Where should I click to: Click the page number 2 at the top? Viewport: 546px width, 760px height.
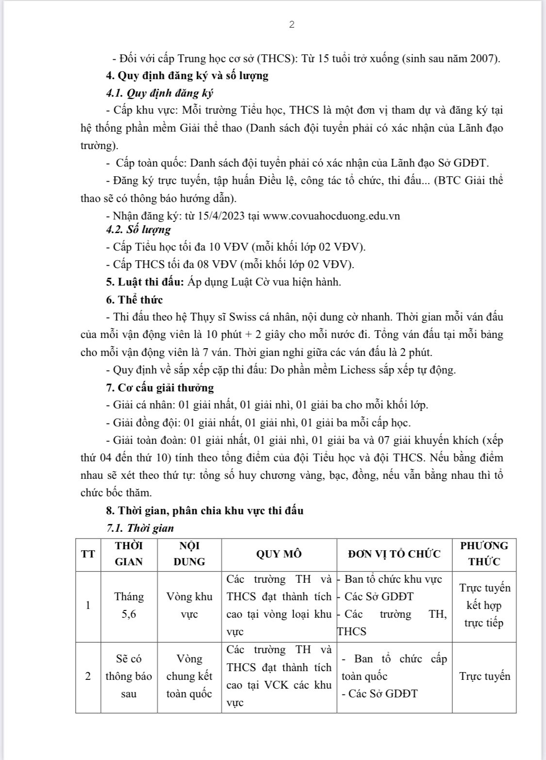pos(292,25)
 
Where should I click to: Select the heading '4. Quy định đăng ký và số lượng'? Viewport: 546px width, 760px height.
pos(187,76)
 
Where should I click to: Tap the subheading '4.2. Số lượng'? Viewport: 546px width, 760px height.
pos(138,229)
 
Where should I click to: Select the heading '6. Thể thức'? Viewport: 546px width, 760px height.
pos(134,300)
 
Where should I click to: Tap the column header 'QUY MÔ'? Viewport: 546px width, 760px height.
pos(279,554)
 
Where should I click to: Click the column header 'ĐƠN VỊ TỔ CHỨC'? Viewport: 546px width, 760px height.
pos(394,554)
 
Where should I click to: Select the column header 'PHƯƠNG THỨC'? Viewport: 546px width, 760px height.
pos(484,554)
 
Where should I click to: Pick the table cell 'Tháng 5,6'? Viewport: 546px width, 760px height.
pos(129,605)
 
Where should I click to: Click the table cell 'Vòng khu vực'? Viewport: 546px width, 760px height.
pos(189,605)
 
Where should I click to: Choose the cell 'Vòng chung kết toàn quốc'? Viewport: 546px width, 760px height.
pos(189,676)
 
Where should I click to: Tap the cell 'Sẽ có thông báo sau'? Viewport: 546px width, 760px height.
pos(129,676)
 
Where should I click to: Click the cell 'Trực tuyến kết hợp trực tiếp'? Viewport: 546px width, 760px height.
pos(484,605)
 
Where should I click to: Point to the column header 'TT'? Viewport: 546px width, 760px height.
pos(88,554)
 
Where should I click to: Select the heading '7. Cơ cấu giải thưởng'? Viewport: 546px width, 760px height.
pos(160,388)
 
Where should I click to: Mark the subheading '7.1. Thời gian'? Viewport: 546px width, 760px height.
pos(140,528)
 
